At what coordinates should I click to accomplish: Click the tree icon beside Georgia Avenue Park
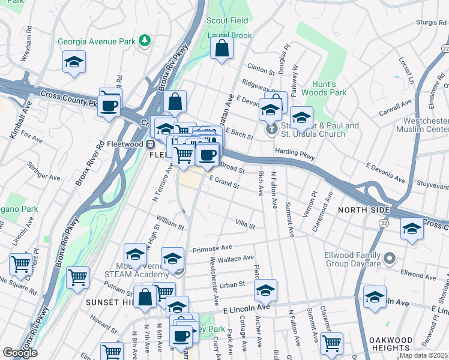tap(144, 41)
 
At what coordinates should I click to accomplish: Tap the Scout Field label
tap(227, 20)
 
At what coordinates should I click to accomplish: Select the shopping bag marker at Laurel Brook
tap(222, 49)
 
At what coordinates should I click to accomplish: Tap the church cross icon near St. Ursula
tap(271, 129)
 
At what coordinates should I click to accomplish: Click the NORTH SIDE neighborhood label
tap(363, 210)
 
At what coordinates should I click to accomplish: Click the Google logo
tap(20, 353)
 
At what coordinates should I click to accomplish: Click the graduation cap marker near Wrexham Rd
tap(74, 62)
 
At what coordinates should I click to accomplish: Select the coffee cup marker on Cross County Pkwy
tap(109, 106)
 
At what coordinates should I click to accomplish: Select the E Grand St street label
tap(224, 182)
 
